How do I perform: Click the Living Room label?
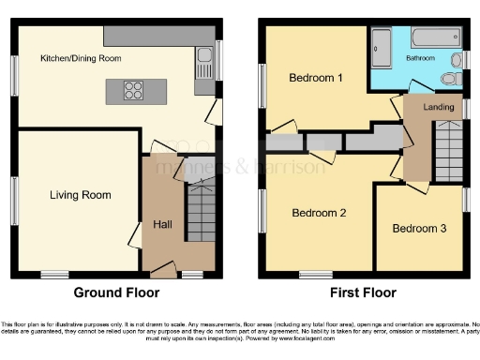(x=81, y=195)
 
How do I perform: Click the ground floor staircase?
(x=201, y=210)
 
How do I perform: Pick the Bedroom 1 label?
(x=315, y=77)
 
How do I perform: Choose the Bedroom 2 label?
(x=319, y=213)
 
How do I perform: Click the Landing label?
(x=439, y=108)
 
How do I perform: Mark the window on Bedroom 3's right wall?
(x=466, y=200)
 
